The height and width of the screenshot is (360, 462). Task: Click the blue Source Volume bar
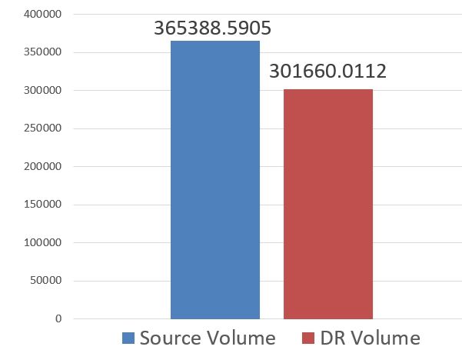[x=215, y=179]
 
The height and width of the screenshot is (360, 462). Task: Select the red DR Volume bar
[x=328, y=204]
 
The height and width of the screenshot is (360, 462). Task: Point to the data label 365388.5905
[x=213, y=28]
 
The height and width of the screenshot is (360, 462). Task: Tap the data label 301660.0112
[x=327, y=72]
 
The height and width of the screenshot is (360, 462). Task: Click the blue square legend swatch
[x=128, y=338]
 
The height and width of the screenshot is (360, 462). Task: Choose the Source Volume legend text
[x=208, y=338]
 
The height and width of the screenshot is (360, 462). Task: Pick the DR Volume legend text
[x=370, y=338]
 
